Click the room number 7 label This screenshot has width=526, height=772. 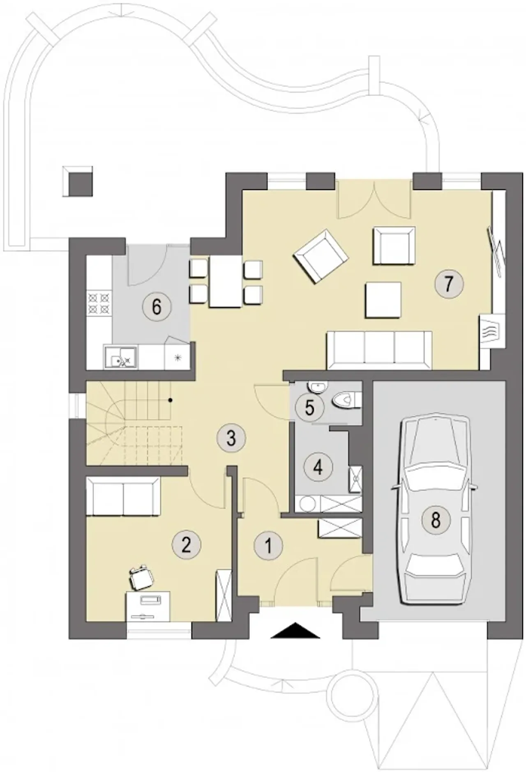[x=448, y=283]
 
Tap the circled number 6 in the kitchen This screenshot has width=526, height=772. [x=157, y=307]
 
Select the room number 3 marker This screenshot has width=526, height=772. [x=231, y=438]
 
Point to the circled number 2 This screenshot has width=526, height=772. [x=186, y=545]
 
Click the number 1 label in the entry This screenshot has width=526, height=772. [x=269, y=546]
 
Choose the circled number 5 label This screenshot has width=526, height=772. [x=310, y=408]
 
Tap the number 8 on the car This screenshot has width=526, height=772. [x=436, y=520]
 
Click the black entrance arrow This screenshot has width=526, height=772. [x=295, y=630]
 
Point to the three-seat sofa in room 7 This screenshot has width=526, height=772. [x=379, y=349]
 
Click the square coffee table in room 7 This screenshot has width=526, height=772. [x=383, y=300]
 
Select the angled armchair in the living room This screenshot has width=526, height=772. [x=321, y=256]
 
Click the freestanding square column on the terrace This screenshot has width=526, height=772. [x=78, y=181]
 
